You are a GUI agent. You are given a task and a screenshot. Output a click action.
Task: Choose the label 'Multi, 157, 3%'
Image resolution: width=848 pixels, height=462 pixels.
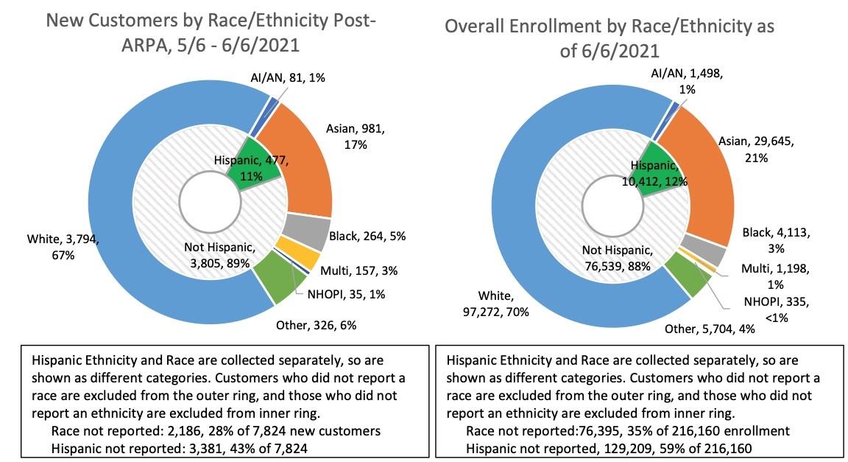point(361,270)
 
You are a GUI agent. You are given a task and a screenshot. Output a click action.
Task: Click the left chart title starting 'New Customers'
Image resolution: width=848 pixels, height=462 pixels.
point(211,32)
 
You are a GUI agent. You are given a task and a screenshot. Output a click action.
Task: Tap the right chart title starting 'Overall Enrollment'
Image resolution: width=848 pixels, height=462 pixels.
point(609,40)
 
